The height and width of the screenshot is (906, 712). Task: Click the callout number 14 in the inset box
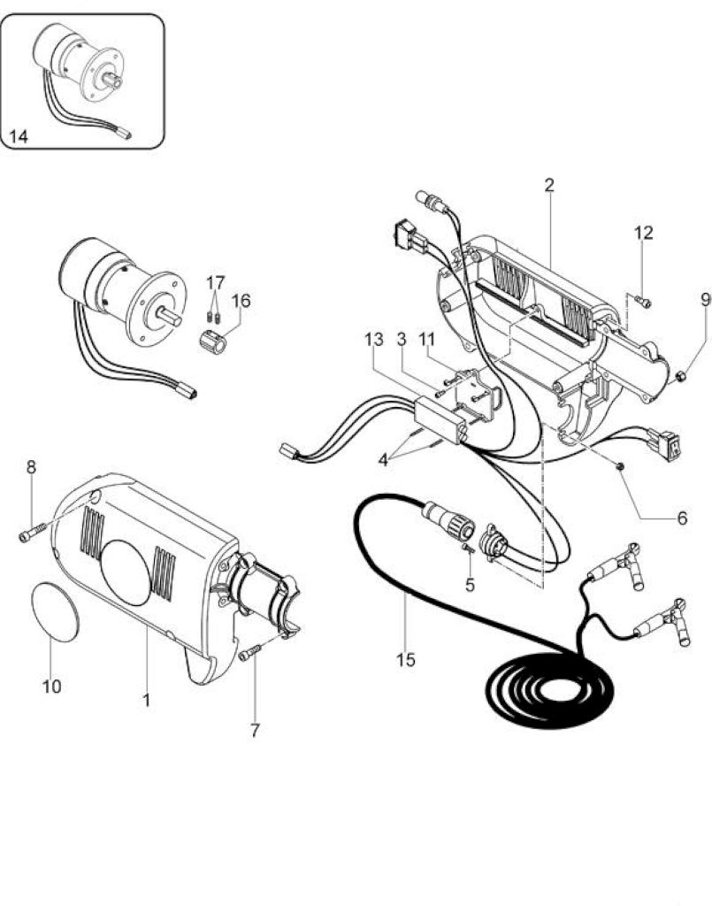[19, 136]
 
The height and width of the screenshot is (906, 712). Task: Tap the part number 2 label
[548, 185]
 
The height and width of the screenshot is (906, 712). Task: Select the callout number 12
[643, 233]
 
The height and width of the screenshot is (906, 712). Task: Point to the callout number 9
[706, 299]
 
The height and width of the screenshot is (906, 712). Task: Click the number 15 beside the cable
[406, 659]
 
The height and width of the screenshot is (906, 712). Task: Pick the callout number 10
[51, 687]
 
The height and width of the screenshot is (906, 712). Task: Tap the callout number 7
[255, 730]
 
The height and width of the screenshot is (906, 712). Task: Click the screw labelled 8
[32, 534]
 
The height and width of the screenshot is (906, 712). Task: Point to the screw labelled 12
[643, 301]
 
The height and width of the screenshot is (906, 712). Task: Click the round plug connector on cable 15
[448, 520]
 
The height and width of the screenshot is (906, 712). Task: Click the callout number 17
[215, 283]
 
